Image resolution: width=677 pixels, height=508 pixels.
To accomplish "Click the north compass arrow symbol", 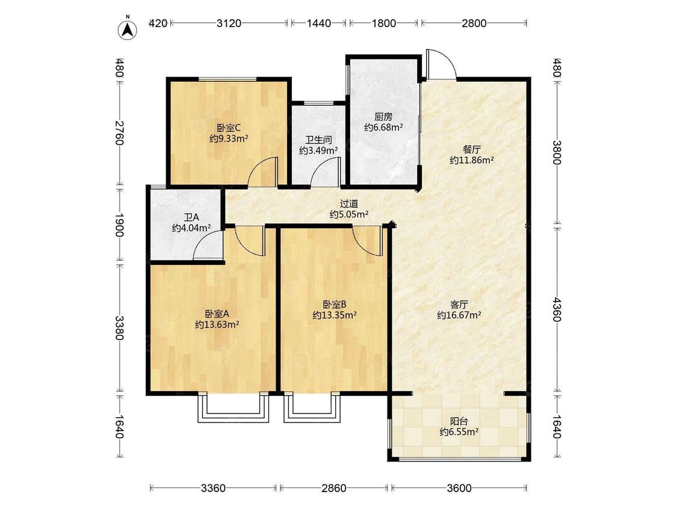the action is tap(128, 29).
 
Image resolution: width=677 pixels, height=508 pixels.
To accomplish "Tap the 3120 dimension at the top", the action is tap(229, 23).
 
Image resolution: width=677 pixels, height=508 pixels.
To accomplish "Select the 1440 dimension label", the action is tap(318, 23).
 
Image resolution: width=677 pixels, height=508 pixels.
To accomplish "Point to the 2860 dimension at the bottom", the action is tap(334, 488).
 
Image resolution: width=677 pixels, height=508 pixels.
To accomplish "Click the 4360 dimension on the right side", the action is tap(557, 309).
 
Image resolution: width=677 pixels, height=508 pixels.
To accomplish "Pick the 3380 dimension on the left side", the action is tap(120, 328).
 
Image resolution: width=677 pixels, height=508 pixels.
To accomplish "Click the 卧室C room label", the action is tap(229, 128).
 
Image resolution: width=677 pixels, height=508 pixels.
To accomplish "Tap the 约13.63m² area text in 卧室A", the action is tap(217, 324).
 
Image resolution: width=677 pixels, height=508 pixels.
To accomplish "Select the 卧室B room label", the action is tap(335, 305).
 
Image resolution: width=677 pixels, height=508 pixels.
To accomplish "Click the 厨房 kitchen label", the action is tap(383, 117).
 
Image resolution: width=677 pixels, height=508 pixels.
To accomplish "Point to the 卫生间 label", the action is tap(318, 140).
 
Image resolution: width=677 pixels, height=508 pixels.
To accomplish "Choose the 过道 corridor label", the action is tap(349, 203).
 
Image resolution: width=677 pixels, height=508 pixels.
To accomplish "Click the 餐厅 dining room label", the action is tap(471, 149).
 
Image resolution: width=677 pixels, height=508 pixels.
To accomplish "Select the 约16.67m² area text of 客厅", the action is tap(459, 315).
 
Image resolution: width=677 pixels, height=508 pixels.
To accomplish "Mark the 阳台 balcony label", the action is tap(459, 421).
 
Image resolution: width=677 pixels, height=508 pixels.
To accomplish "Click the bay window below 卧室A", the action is tap(233, 408).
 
